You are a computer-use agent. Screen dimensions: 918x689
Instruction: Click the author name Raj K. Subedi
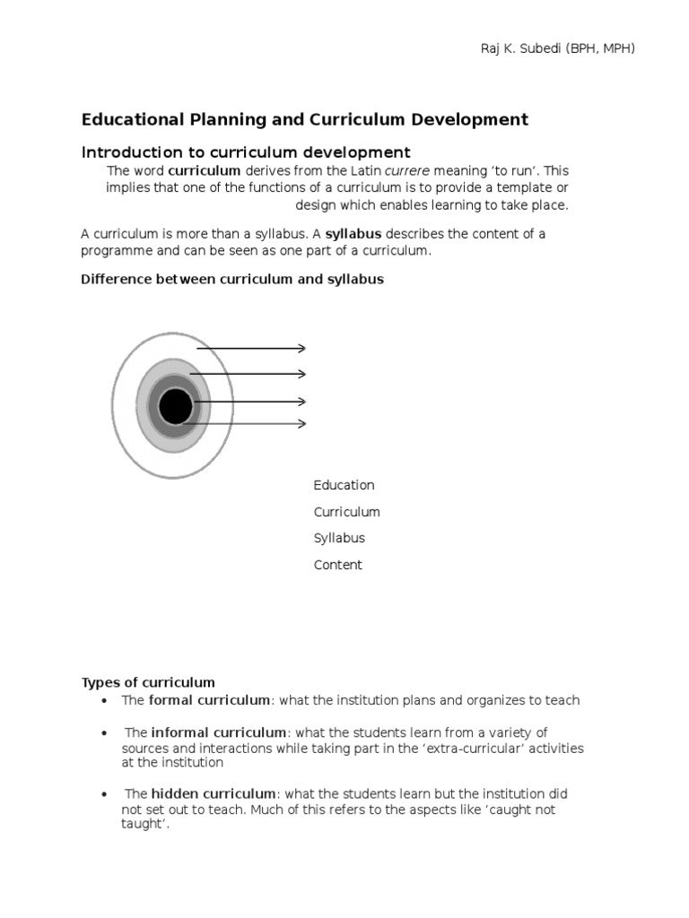(524, 48)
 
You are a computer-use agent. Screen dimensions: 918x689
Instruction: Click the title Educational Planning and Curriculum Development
(305, 119)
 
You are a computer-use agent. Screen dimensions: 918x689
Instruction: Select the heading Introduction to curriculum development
(246, 152)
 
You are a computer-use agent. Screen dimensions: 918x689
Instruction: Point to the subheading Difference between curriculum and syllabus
(232, 279)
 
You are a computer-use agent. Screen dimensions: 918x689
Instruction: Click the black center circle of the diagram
(175, 407)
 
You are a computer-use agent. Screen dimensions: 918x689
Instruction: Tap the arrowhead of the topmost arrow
(302, 349)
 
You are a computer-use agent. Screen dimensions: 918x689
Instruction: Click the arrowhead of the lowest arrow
(302, 423)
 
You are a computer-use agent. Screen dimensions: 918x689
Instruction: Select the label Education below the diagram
(344, 485)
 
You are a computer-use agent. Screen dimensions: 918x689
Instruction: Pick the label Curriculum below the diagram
(346, 512)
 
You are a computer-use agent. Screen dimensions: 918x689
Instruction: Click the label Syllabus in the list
(339, 538)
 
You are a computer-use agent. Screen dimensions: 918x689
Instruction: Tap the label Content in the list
(337, 565)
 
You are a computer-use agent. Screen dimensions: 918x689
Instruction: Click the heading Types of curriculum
(148, 682)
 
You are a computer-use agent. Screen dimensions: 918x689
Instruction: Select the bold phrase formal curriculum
(209, 700)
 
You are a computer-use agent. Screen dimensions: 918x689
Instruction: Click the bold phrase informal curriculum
(219, 732)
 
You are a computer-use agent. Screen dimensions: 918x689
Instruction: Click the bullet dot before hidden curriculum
(105, 794)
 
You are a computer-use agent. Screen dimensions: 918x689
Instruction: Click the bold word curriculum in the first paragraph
(205, 170)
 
